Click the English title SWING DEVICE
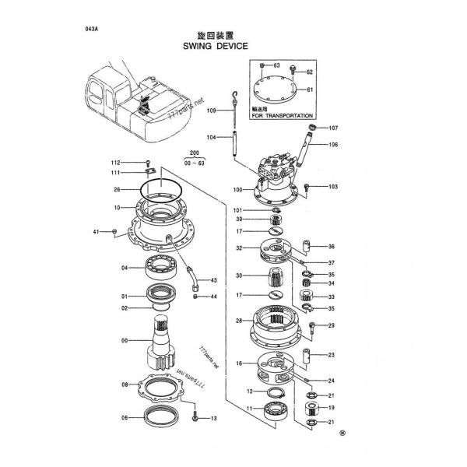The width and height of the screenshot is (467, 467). tap(216, 46)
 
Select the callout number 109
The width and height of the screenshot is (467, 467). tap(211, 111)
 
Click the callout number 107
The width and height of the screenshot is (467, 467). tap(332, 128)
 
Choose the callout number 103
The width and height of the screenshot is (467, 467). tap(332, 187)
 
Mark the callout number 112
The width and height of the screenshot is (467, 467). tap(115, 162)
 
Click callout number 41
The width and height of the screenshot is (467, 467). tap(97, 231)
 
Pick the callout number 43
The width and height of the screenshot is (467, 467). tap(213, 280)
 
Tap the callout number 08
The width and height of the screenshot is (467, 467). tap(125, 385)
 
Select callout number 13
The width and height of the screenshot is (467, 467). tap(213, 418)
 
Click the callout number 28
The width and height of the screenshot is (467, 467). tap(239, 321)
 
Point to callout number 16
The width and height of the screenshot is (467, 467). tap(239, 363)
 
